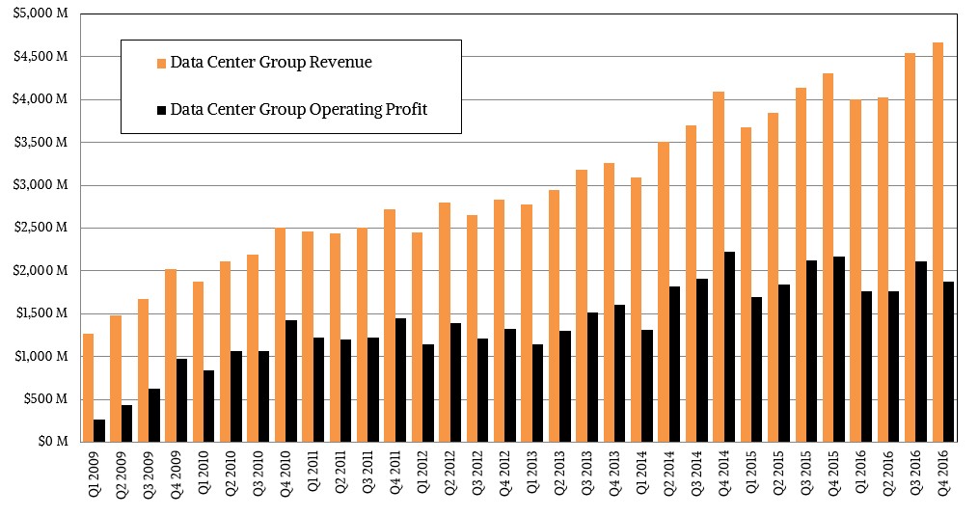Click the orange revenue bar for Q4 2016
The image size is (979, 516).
(938, 241)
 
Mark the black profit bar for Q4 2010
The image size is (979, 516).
(291, 380)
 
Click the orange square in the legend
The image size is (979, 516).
(160, 64)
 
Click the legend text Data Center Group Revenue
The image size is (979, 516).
(271, 63)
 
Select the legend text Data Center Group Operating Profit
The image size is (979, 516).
(298, 110)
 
